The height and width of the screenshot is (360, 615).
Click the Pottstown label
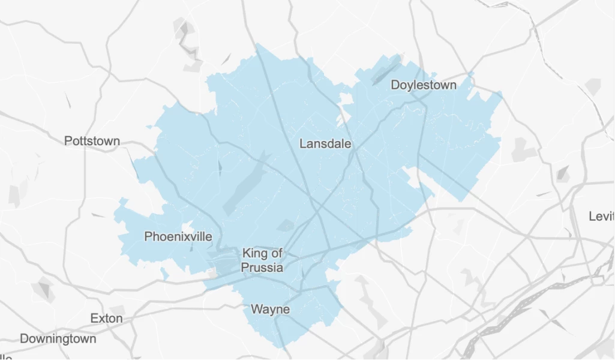tap(92, 142)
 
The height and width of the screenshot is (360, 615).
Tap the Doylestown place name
tap(424, 85)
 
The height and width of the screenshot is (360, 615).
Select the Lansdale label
tap(325, 144)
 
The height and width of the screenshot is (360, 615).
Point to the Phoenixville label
tap(178, 237)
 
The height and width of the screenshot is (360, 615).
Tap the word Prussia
tap(262, 268)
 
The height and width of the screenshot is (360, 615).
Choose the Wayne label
tap(270, 310)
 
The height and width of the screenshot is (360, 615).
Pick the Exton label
tap(106, 318)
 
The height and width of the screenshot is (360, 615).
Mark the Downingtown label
tap(58, 339)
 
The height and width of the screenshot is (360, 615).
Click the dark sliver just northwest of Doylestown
tap(384, 71)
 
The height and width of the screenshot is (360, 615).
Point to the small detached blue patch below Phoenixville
tap(164, 274)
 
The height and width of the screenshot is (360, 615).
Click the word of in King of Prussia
tap(276, 253)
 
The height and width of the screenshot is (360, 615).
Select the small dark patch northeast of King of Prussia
tap(286, 225)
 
